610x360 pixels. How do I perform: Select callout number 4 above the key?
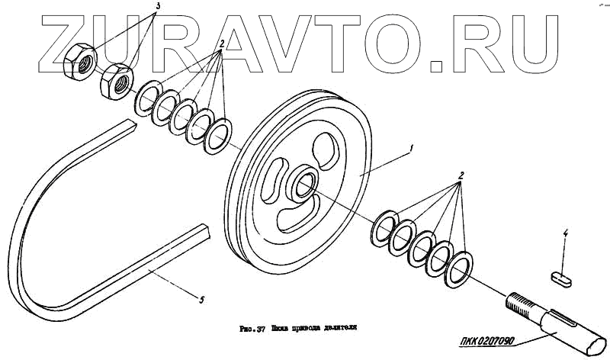coord(566,233)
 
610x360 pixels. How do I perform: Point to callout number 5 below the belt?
coord(201,300)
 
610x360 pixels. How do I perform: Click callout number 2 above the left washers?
coord(221,43)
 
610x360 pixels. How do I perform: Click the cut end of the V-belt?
coord(204,229)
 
